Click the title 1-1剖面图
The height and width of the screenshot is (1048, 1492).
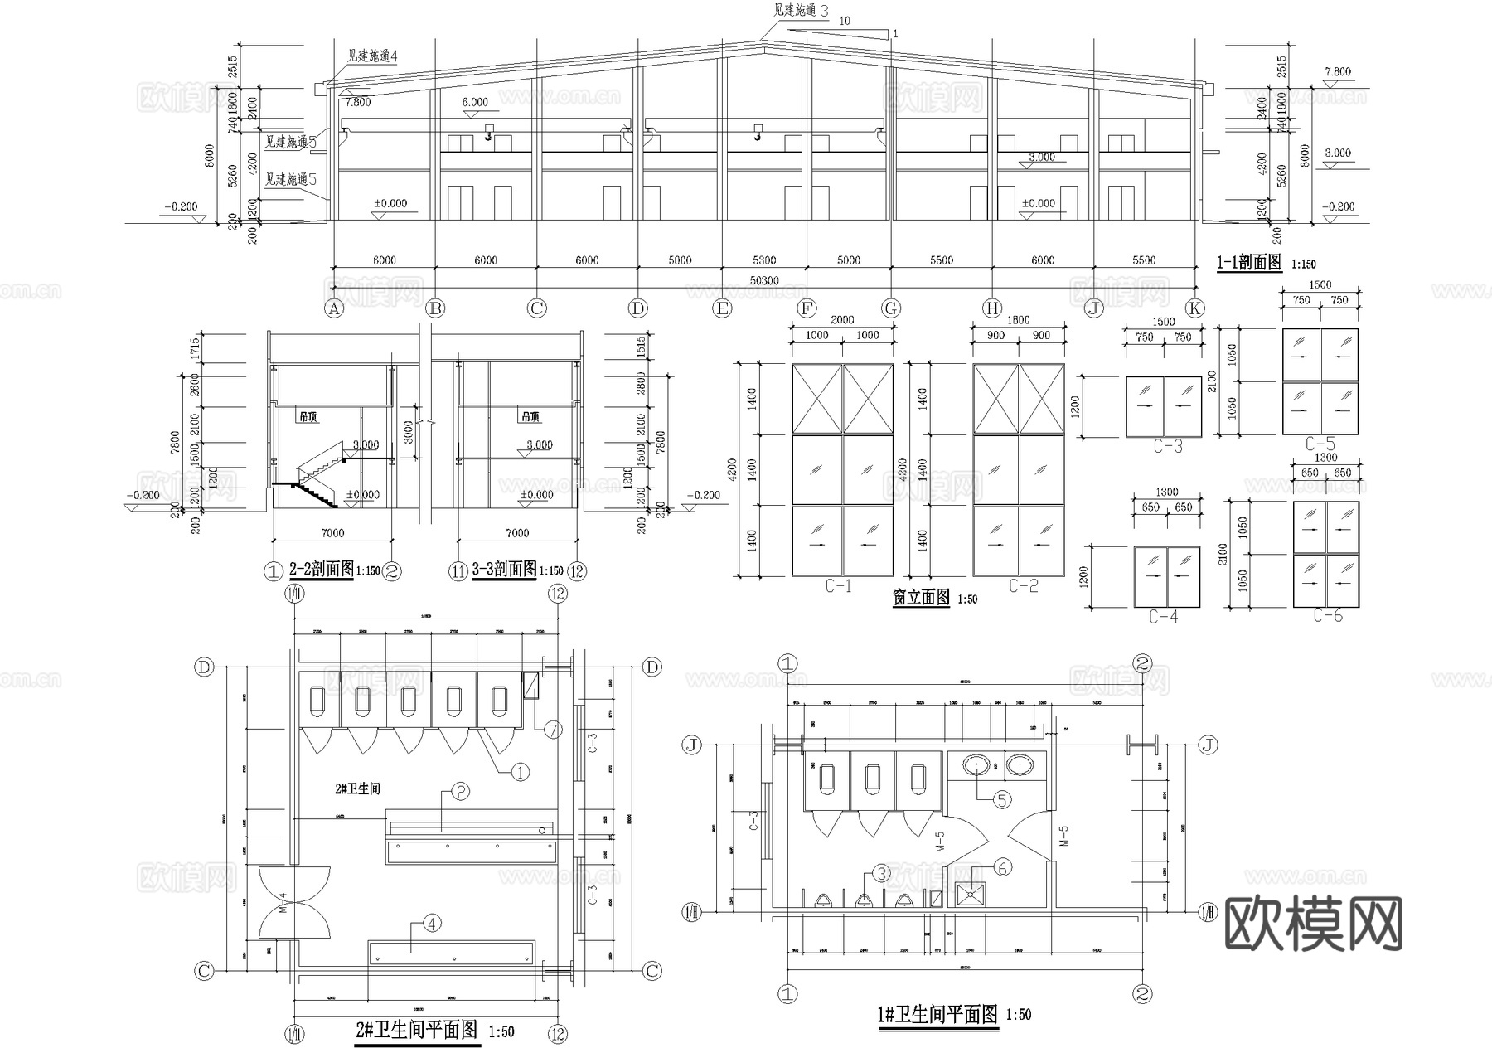click(1248, 263)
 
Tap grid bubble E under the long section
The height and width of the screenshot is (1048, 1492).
click(722, 308)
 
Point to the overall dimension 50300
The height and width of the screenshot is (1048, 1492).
click(763, 281)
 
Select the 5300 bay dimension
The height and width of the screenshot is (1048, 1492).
click(763, 260)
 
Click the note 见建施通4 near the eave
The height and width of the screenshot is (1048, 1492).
click(372, 56)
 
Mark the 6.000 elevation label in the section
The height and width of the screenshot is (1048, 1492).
click(475, 102)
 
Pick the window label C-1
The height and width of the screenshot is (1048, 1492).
click(838, 586)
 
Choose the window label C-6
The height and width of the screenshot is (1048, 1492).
click(1327, 615)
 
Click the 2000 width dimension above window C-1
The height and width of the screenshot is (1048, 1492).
click(841, 320)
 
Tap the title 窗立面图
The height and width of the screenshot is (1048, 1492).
click(921, 598)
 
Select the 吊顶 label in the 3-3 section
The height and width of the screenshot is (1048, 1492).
click(530, 417)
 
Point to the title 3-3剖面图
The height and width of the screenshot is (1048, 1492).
click(504, 570)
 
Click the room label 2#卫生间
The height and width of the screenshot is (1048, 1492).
click(357, 788)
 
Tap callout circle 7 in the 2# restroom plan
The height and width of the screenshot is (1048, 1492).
click(552, 730)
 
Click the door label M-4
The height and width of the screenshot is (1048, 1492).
click(283, 903)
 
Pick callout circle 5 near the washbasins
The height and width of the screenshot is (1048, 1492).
click(1002, 799)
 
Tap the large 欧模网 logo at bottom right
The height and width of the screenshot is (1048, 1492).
click(1313, 924)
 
